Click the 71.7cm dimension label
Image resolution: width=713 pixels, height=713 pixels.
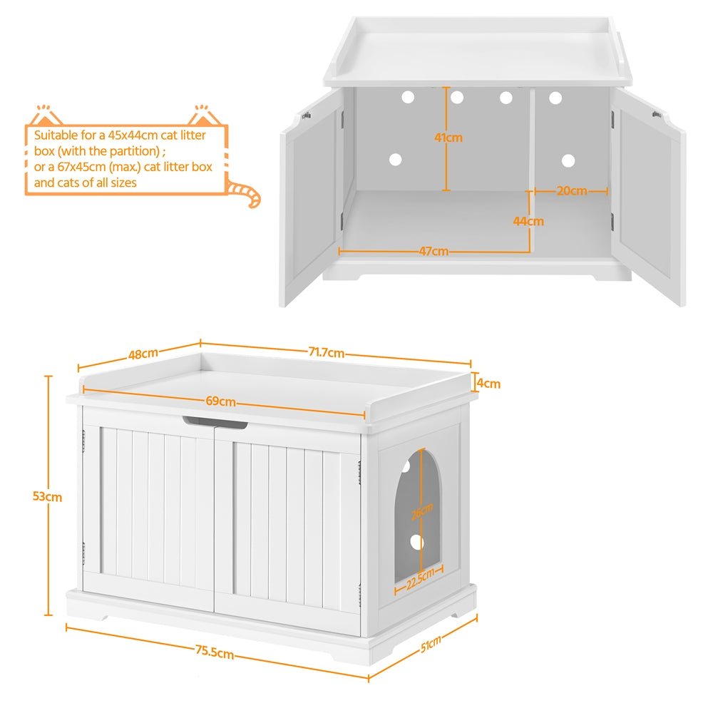[x=327, y=352]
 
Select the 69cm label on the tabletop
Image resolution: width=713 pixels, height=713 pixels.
[x=221, y=401]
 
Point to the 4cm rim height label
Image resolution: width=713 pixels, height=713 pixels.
[x=488, y=384]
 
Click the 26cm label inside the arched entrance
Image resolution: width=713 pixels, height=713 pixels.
[x=421, y=510]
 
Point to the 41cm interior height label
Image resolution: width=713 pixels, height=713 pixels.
[x=448, y=138]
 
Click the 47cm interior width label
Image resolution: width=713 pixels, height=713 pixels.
[x=434, y=251]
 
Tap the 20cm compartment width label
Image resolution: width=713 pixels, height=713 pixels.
[x=572, y=190]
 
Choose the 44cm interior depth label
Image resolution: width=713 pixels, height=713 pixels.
[x=528, y=221]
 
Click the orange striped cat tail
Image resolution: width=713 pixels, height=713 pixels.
[x=245, y=194]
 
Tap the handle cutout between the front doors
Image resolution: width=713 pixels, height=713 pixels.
[x=215, y=423]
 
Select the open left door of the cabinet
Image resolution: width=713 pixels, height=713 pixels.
[x=311, y=200]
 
